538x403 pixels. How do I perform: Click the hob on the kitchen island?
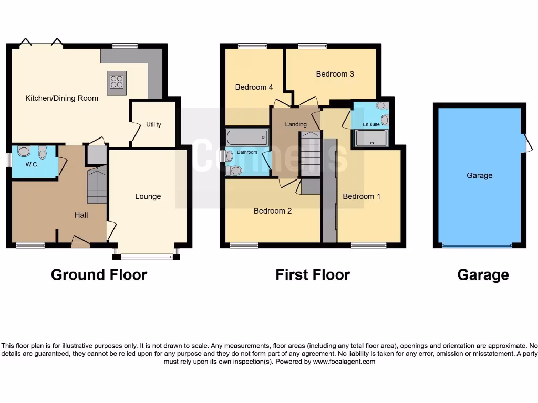click(117, 82)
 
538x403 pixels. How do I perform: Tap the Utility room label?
click(153, 125)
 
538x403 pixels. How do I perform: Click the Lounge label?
click(148, 196)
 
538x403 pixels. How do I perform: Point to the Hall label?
click(81, 215)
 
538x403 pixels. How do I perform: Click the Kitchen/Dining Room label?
click(62, 98)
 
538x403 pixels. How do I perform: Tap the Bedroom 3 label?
click(335, 74)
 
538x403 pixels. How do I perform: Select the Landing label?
click(296, 124)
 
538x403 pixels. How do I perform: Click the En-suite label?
click(370, 124)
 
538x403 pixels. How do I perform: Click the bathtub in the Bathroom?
click(247, 138)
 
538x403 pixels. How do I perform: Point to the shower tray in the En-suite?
click(372, 137)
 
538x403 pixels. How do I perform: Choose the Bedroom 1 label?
click(361, 196)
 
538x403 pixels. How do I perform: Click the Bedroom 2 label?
click(273, 211)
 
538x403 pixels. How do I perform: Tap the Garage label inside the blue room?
click(479, 176)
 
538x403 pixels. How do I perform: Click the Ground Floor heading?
click(99, 274)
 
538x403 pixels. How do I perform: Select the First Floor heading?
click(313, 274)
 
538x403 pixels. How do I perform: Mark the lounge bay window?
click(147, 257)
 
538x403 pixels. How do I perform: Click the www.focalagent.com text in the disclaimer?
click(345, 362)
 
